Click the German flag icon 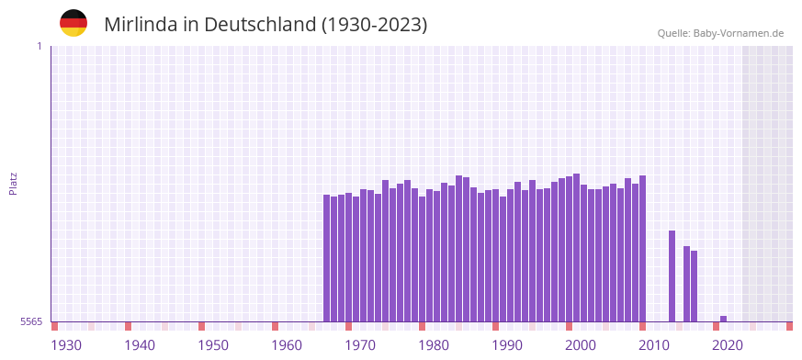73,23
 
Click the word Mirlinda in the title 140,25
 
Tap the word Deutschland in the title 259,25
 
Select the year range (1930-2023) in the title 374,25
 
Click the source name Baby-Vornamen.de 739,33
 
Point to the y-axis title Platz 13,183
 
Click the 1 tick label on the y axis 39,46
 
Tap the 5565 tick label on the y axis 30,321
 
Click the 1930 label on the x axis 66,344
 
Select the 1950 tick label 213,344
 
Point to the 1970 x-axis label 360,344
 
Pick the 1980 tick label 434,344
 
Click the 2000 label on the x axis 581,344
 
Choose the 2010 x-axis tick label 654,344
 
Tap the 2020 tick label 728,344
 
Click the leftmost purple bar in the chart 327,258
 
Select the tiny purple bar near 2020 724,319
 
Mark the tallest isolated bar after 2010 672,276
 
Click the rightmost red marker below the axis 789,326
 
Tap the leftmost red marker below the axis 55,326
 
